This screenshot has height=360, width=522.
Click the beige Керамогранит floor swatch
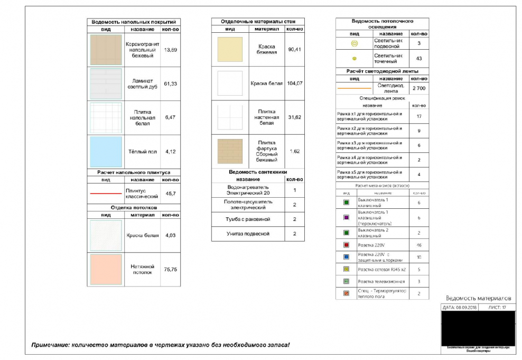pos(106,50)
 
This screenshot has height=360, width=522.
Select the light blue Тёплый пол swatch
pos(106,152)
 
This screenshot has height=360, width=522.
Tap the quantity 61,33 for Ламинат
pos(171,84)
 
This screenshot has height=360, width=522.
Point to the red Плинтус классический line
pos(106,193)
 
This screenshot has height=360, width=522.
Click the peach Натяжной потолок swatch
pos(106,270)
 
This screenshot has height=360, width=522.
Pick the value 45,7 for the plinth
pos(171,193)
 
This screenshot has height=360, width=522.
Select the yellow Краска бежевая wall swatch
pos(230,50)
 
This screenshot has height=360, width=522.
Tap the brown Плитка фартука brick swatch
pos(230,151)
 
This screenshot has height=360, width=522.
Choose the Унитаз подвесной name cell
pos(248,234)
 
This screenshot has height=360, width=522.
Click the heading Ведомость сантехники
pos(258,172)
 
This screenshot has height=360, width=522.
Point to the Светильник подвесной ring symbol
pos(354,43)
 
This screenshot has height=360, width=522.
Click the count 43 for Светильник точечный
pos(419,58)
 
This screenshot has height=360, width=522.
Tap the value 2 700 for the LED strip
pos(419,88)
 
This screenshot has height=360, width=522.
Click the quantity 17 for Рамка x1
pos(419,116)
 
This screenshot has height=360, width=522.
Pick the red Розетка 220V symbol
pos(346,245)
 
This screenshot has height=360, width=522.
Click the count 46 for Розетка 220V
pos(419,245)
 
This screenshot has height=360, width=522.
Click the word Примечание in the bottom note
pos(50,345)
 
